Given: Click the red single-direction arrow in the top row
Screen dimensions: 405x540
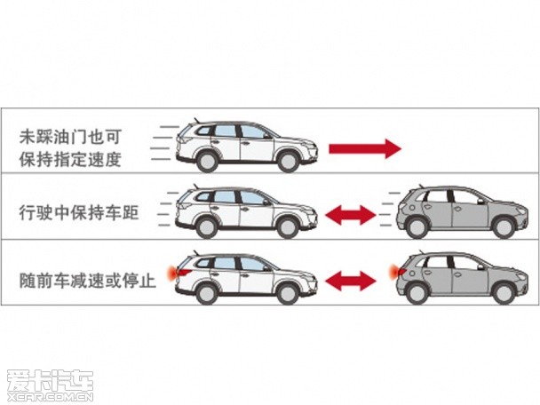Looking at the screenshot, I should [365, 147].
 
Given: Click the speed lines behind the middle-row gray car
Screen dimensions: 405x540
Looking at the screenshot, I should [382, 211].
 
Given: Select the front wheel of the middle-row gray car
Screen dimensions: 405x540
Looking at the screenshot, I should [504, 227].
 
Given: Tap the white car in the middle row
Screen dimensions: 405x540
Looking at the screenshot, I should [247, 211].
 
